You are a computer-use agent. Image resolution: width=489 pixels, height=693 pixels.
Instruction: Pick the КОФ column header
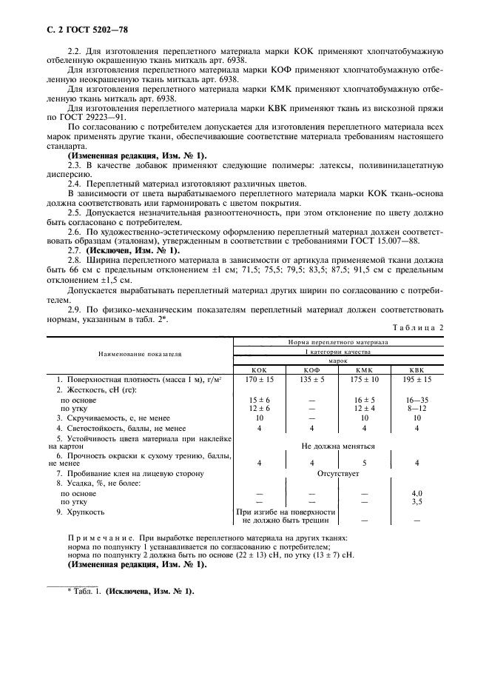[x=311, y=369]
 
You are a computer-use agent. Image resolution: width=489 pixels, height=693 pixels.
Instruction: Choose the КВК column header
[x=417, y=369]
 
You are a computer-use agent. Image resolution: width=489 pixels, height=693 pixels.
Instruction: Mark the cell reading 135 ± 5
[x=311, y=378]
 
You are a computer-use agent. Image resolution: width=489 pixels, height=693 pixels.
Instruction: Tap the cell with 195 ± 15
[x=417, y=378]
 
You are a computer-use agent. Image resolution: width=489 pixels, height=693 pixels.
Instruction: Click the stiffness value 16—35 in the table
[x=417, y=398]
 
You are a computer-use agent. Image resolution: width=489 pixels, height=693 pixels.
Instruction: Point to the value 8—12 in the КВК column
[x=417, y=407]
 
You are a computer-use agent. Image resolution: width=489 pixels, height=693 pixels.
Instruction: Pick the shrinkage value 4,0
[x=417, y=492]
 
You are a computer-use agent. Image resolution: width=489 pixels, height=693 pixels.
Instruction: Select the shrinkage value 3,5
[x=417, y=501]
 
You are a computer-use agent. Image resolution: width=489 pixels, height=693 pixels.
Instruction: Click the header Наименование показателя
[x=140, y=356]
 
